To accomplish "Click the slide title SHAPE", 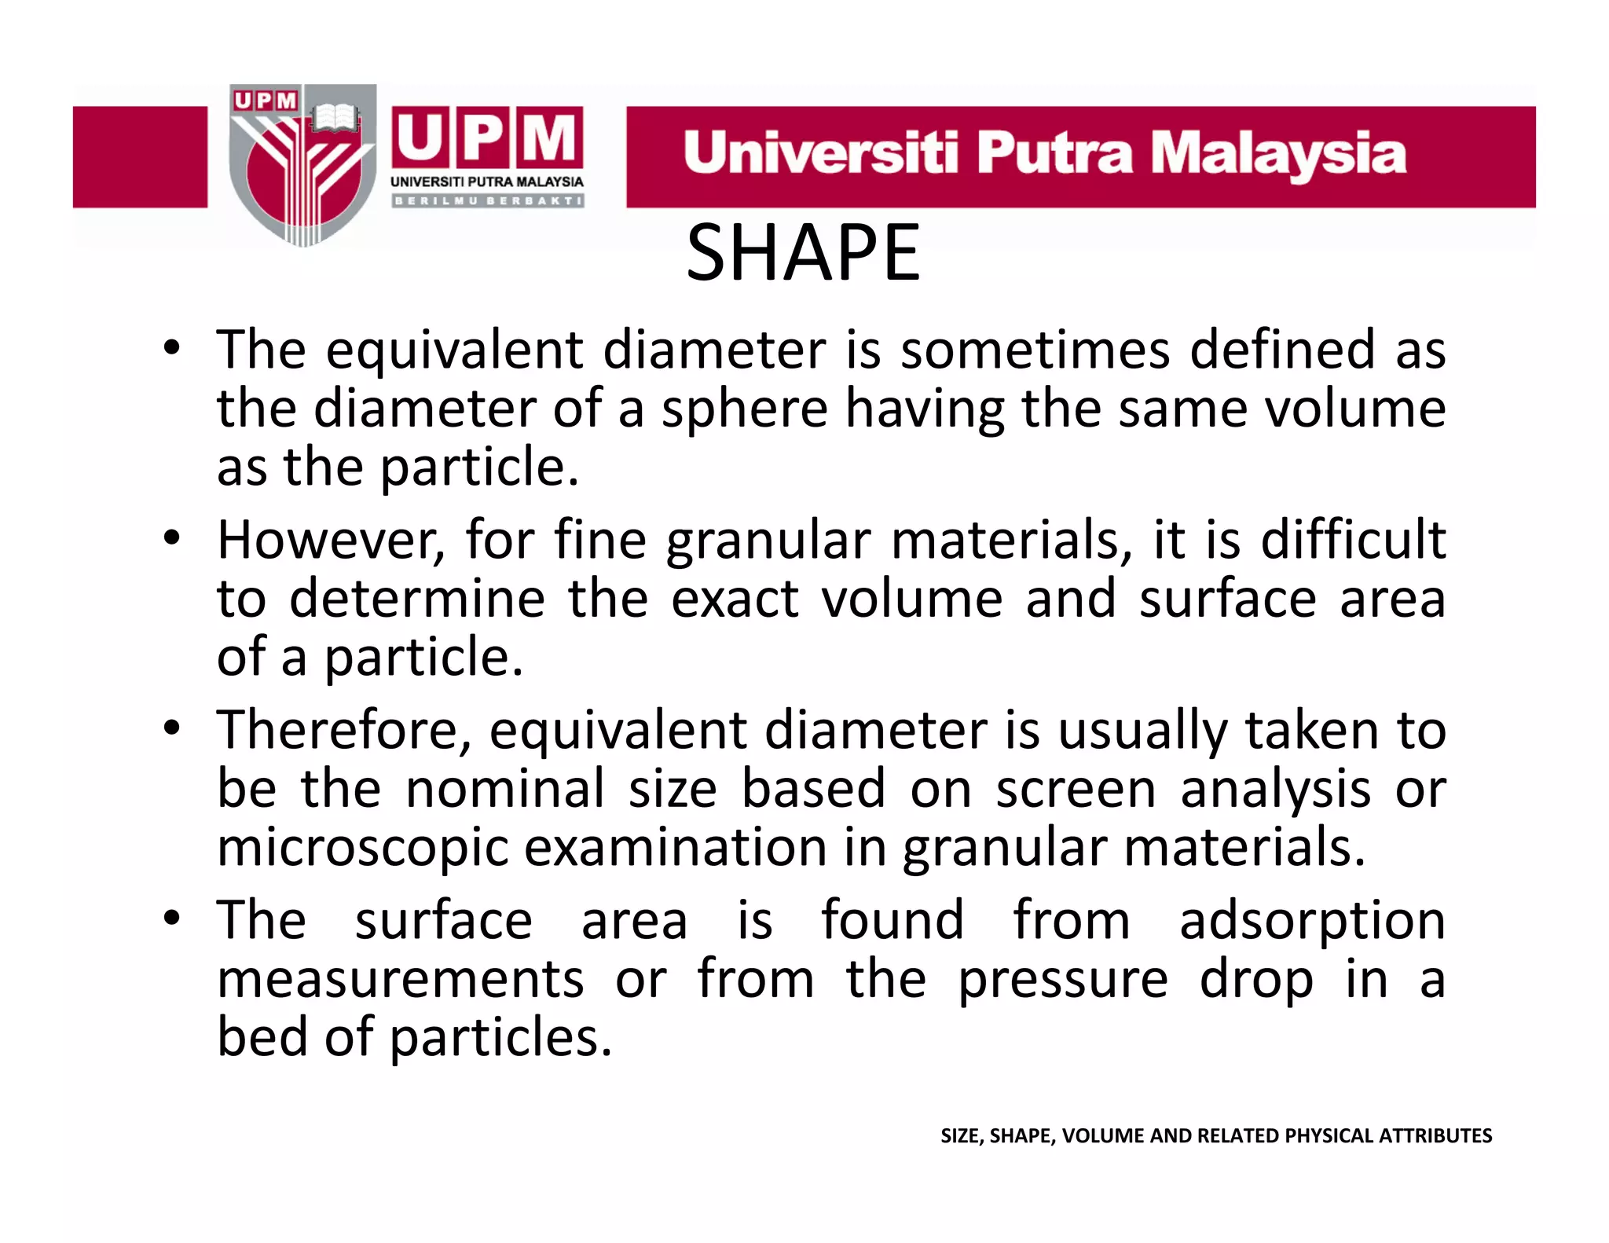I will pos(803,253).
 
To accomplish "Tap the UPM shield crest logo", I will pos(302,165).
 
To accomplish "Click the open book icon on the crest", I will pos(335,119).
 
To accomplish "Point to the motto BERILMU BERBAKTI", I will pos(487,201).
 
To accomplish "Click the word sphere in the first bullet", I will pos(744,409).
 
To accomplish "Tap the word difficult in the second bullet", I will pos(1353,541).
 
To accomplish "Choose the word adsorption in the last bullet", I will pos(1312,921).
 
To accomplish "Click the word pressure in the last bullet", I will pos(1063,980).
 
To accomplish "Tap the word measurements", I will pos(401,980).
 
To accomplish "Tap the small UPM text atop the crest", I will pos(266,101).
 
